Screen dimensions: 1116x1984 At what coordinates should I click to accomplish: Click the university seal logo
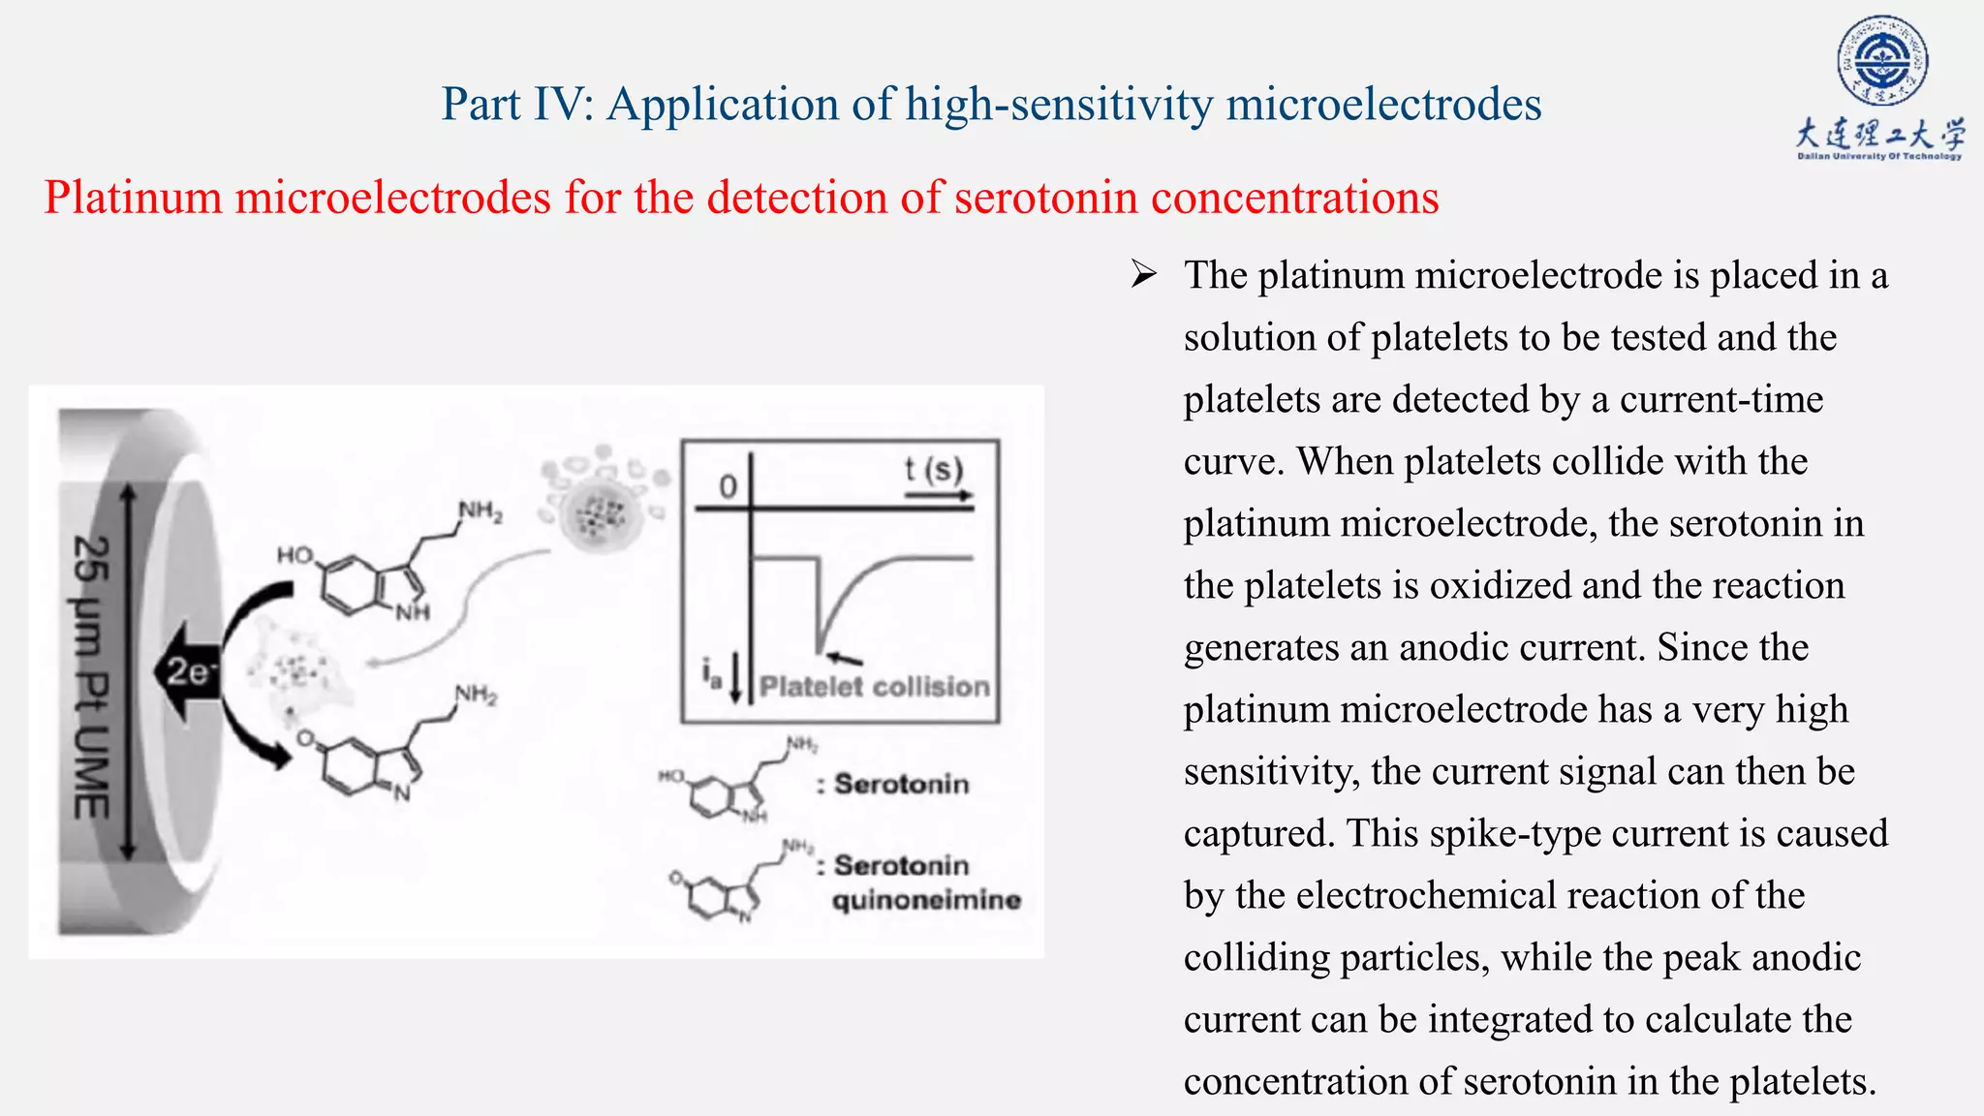click(1881, 60)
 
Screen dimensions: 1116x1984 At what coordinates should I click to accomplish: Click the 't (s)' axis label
click(934, 470)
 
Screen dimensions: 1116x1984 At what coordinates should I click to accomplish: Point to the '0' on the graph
click(728, 486)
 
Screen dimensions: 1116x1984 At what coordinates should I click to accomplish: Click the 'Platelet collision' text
click(874, 687)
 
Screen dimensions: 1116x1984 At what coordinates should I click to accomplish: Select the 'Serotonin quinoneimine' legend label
click(925, 883)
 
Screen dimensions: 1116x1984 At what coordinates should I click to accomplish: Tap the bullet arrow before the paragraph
click(1144, 276)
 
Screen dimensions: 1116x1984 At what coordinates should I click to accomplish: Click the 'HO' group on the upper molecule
click(294, 555)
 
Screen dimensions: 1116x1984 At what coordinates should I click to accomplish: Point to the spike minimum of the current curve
click(820, 650)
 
